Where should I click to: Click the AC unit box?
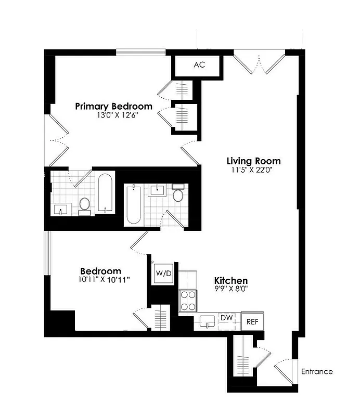[x=199, y=65]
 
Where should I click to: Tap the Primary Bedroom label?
[x=113, y=106]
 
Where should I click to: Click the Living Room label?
[x=253, y=161]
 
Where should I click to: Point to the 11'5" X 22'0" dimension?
[x=253, y=170]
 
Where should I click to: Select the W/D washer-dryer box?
[x=164, y=274]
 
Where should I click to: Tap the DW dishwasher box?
[x=226, y=317]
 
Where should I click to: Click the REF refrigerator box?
[x=252, y=322]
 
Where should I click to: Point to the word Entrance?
[x=316, y=371]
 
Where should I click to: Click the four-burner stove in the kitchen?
[x=188, y=300]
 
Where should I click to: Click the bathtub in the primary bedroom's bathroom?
[x=105, y=192]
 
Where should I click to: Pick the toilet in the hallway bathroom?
[x=178, y=194]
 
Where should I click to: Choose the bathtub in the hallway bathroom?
[x=134, y=205]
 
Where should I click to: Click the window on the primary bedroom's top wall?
[x=140, y=51]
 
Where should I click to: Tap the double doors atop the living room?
[x=259, y=60]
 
